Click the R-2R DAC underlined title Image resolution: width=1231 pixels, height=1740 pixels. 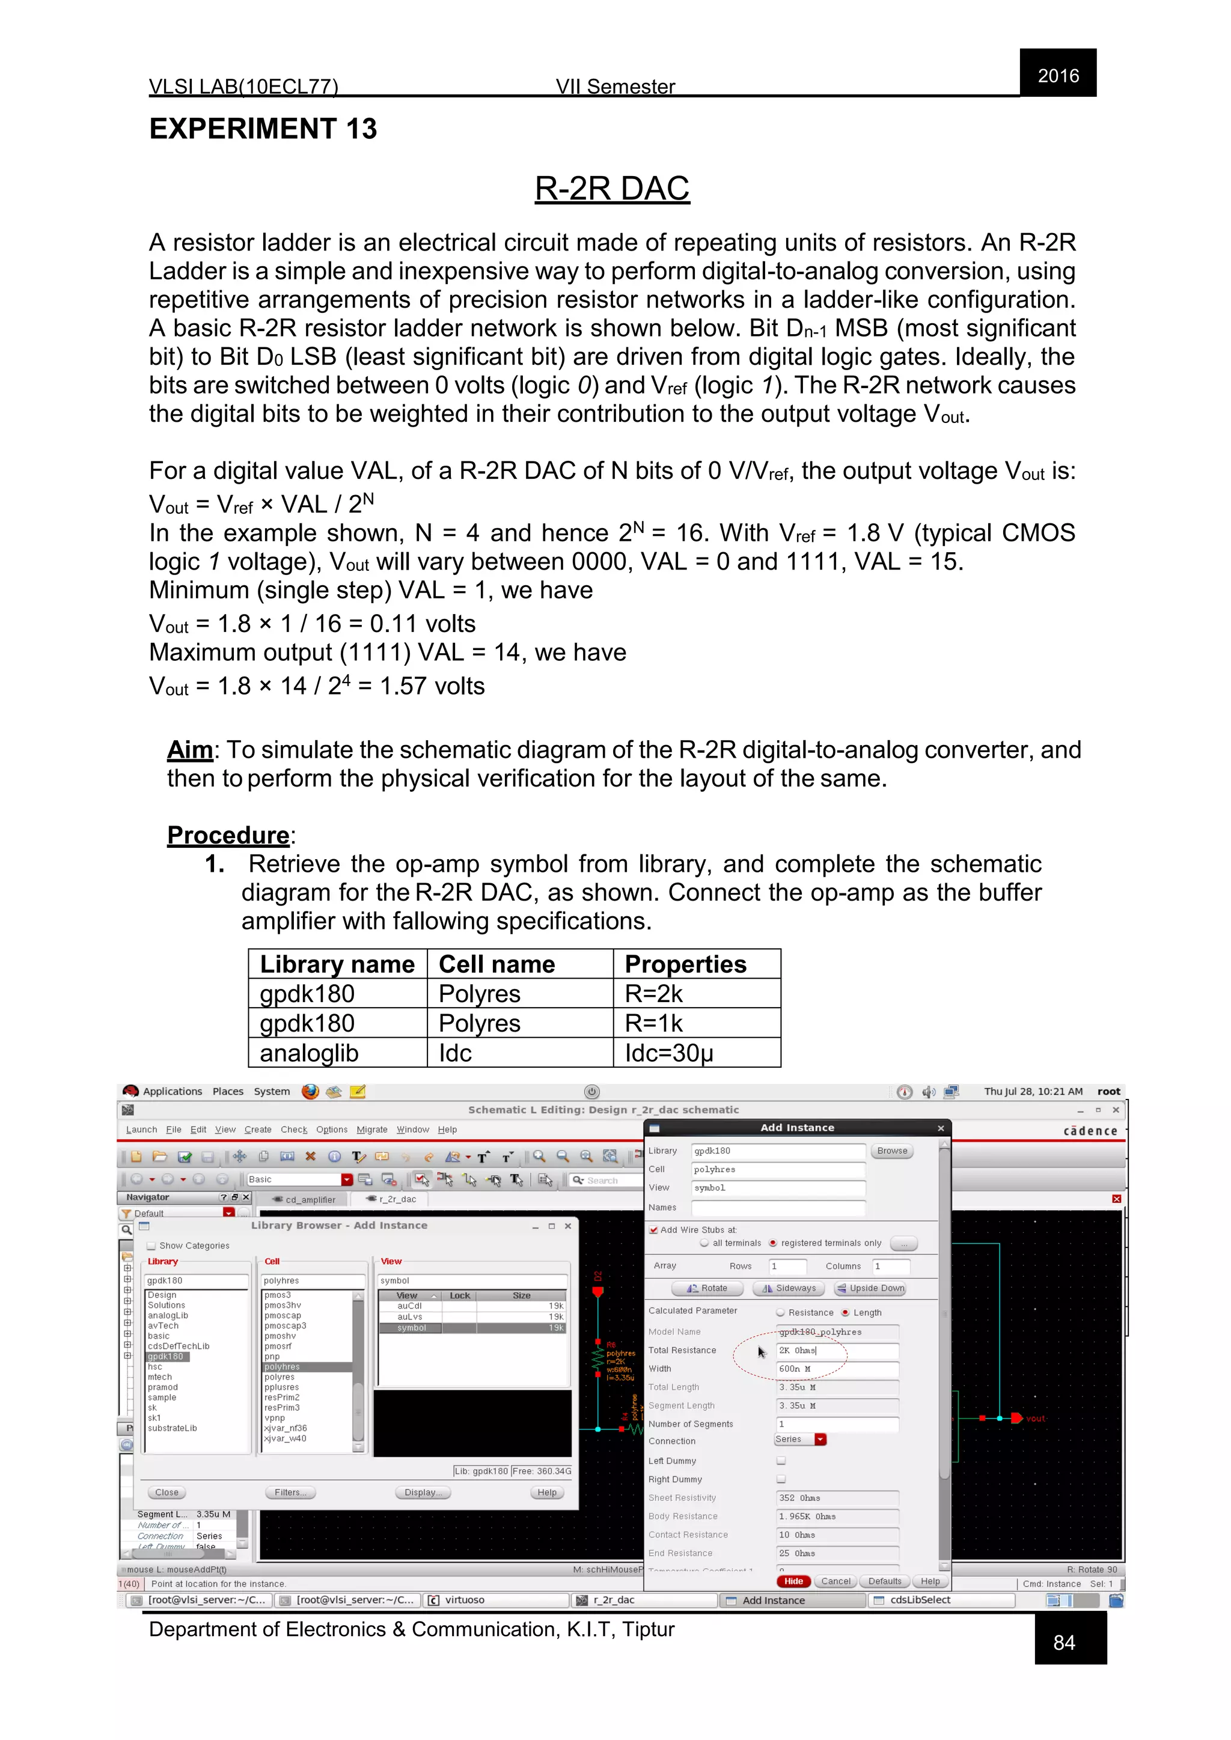[612, 189]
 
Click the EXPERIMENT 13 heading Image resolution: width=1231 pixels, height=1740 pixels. [263, 129]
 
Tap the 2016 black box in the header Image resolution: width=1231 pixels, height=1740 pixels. [1057, 75]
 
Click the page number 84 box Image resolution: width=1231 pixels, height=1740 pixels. [1065, 1642]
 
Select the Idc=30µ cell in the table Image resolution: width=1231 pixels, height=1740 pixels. [668, 1053]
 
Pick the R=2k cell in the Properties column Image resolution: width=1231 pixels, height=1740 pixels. [653, 994]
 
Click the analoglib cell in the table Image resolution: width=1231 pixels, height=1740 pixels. [308, 1053]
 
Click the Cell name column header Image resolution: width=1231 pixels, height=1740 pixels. [496, 964]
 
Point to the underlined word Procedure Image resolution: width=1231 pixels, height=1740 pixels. [228, 835]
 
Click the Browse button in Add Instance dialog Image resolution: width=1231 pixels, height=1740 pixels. [891, 1151]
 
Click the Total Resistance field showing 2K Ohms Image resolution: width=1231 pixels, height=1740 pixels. [837, 1351]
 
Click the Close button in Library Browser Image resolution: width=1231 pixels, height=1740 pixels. [166, 1492]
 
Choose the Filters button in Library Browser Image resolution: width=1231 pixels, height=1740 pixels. [290, 1492]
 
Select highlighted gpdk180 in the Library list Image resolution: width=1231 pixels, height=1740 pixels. [165, 1357]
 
